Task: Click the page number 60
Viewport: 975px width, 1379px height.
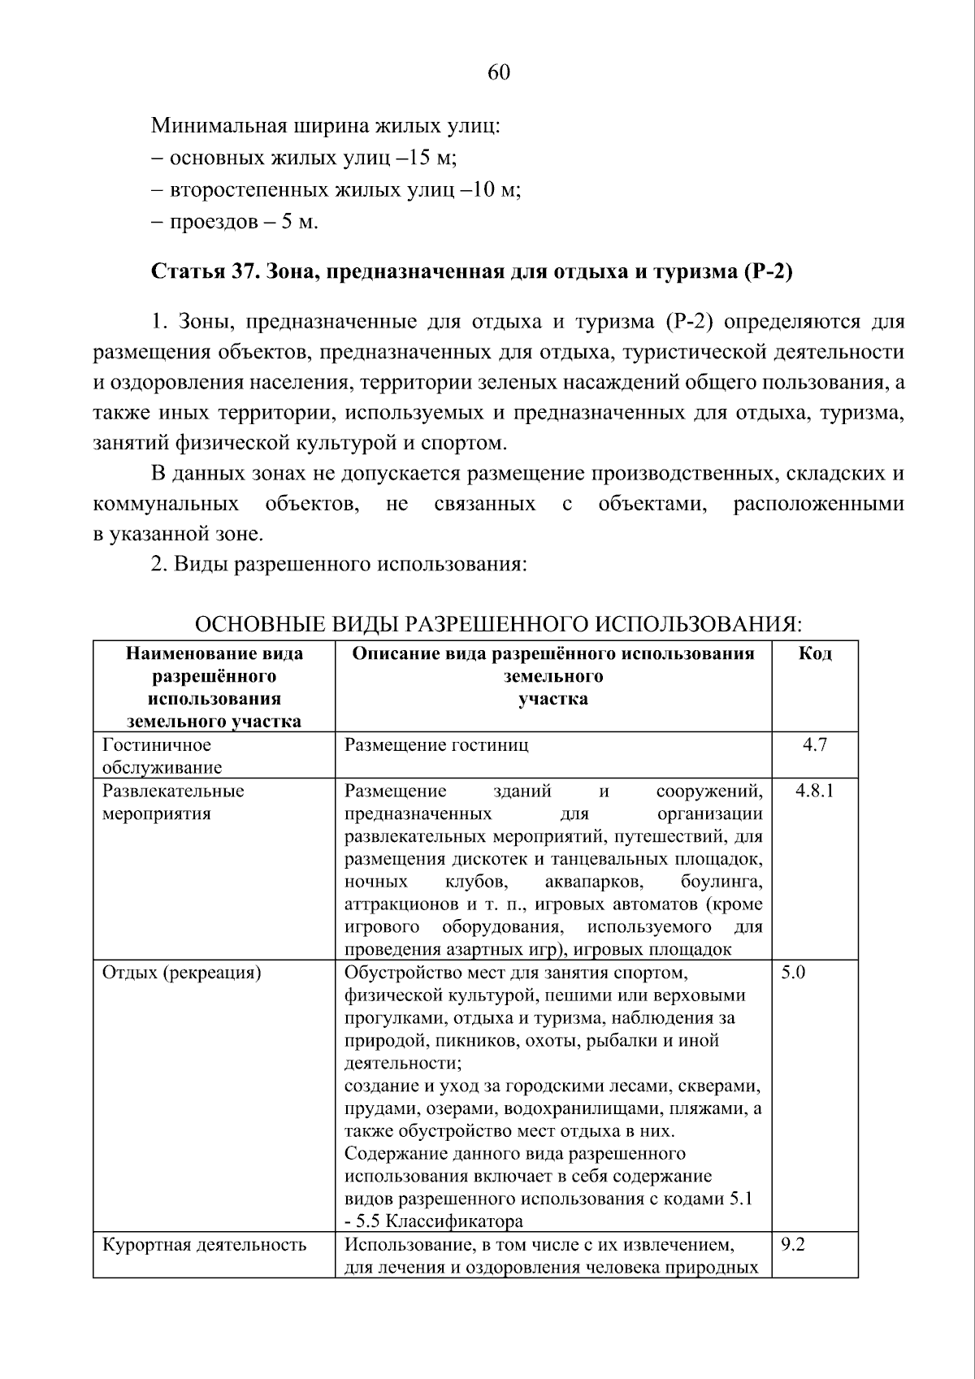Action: coord(498,73)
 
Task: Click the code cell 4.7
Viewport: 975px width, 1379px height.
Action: coord(814,744)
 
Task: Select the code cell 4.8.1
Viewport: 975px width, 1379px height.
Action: coord(814,791)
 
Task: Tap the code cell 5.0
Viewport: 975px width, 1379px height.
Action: coord(793,972)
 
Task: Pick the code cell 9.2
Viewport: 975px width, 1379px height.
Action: coord(793,1244)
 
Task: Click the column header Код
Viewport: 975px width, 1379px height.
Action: coord(814,654)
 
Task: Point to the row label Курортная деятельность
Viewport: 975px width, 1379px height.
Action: coord(204,1244)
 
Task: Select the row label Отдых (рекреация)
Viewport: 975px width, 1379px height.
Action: coord(181,972)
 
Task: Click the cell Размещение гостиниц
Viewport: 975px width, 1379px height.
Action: coord(436,744)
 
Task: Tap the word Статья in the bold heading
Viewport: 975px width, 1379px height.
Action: coord(186,271)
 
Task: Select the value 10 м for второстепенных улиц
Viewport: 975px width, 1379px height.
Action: coord(492,190)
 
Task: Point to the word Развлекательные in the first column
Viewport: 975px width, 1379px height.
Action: coord(172,791)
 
